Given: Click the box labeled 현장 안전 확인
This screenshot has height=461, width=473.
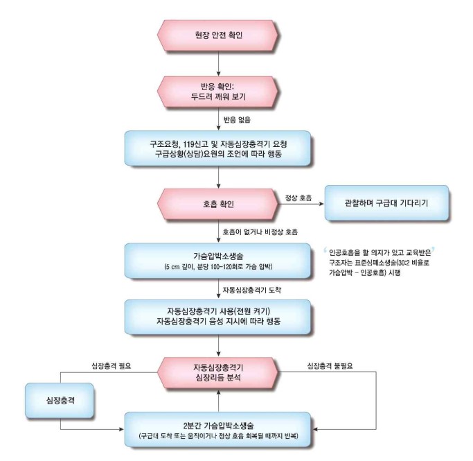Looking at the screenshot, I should pyautogui.click(x=219, y=35).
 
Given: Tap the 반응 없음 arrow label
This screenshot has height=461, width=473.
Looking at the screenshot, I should pyautogui.click(x=237, y=121).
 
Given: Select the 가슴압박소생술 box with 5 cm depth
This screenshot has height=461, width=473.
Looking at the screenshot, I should pyautogui.click(x=219, y=261).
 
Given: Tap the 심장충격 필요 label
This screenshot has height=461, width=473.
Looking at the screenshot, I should pyautogui.click(x=103, y=365).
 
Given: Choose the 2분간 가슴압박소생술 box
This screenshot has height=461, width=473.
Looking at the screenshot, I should pyautogui.click(x=219, y=428).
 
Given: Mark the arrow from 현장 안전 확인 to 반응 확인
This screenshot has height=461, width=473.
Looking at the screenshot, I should pyautogui.click(x=219, y=62).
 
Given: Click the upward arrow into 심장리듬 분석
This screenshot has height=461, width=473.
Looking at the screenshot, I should pyautogui.click(x=219, y=399).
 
